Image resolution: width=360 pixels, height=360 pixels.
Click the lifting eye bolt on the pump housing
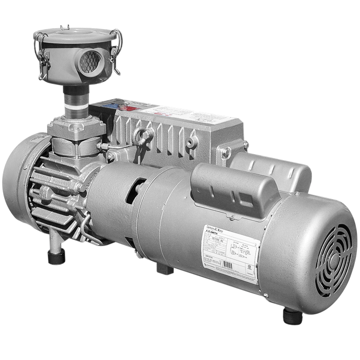coord(142,137)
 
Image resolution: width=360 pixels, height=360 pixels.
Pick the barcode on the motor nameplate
coord(227,267)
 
